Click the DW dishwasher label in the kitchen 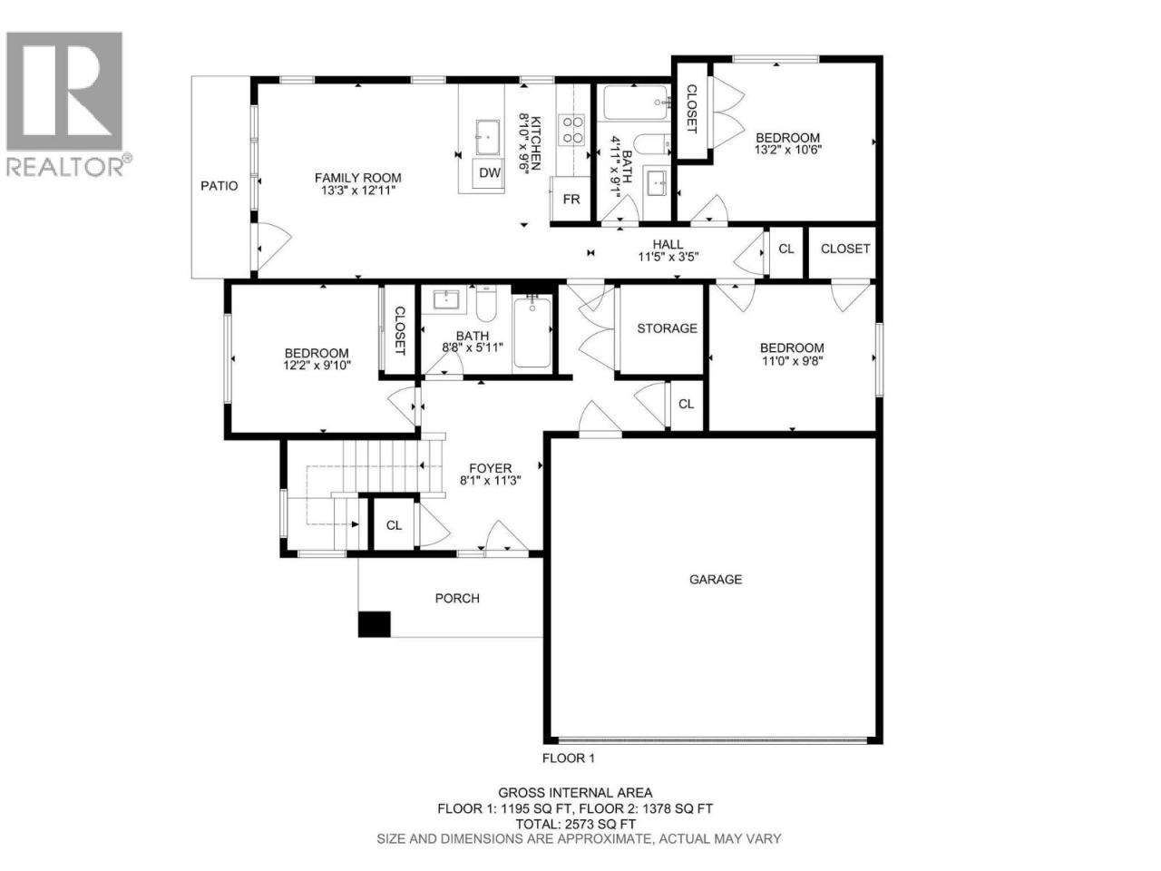click(x=489, y=173)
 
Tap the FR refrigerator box click(x=571, y=199)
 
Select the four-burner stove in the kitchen click(x=572, y=130)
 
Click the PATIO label click(x=219, y=186)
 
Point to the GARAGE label click(x=715, y=580)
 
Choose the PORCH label click(x=457, y=598)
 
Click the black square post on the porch click(x=374, y=624)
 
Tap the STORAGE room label click(x=667, y=328)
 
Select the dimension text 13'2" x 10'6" click(x=787, y=150)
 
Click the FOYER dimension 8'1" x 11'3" click(x=491, y=481)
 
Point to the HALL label click(x=668, y=244)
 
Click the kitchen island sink click(x=487, y=137)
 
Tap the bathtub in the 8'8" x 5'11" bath click(x=532, y=331)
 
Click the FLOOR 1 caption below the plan click(x=569, y=758)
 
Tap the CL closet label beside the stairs click(x=394, y=525)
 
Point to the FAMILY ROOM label click(x=358, y=178)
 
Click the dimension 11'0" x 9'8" click(x=792, y=361)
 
